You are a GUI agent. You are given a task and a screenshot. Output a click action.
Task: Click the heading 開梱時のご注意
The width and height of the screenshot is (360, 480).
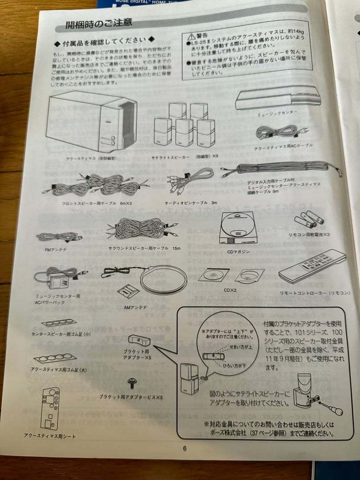point(99,23)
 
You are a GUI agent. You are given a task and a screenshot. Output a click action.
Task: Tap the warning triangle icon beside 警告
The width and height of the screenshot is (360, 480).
point(191,35)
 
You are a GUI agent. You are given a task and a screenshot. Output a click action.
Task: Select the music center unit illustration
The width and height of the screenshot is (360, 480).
point(277,99)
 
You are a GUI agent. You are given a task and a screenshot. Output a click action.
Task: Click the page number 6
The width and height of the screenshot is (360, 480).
point(184,448)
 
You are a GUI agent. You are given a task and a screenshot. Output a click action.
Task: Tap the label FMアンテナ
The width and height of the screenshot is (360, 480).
point(56,250)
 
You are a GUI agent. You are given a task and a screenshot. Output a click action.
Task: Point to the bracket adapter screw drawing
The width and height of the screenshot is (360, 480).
point(132,381)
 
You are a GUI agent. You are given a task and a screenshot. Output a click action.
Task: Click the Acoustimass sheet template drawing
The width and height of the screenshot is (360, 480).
point(50,408)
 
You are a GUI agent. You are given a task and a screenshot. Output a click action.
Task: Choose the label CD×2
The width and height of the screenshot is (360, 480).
point(230,290)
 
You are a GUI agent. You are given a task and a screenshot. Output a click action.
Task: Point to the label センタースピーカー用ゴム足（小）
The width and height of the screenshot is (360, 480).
point(59,333)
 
